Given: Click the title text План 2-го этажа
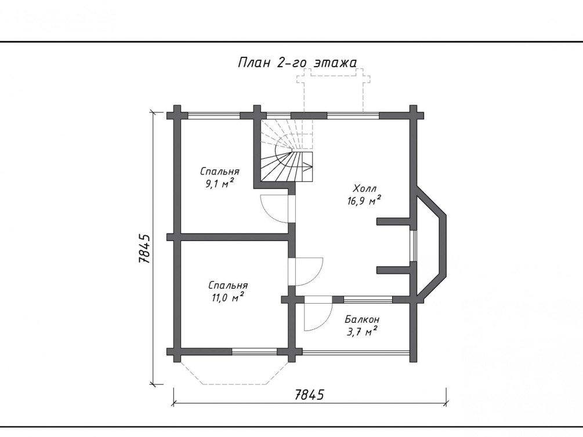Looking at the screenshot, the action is click(x=297, y=63).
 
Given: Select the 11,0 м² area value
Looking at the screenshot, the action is click(x=228, y=297).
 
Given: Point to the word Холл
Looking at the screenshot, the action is click(x=365, y=188).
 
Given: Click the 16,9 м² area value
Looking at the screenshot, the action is click(x=364, y=201).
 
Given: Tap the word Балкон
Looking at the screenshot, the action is click(x=362, y=319).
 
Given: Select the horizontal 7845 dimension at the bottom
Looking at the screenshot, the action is click(x=309, y=395).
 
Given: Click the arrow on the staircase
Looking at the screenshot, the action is click(x=305, y=166).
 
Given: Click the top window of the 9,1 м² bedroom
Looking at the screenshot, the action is click(x=214, y=115).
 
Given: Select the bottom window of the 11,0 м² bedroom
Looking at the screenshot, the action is click(x=254, y=352).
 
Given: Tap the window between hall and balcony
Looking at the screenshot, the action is click(x=368, y=300).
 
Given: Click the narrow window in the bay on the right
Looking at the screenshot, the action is click(x=413, y=246).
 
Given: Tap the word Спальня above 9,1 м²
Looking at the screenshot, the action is click(x=220, y=172).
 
